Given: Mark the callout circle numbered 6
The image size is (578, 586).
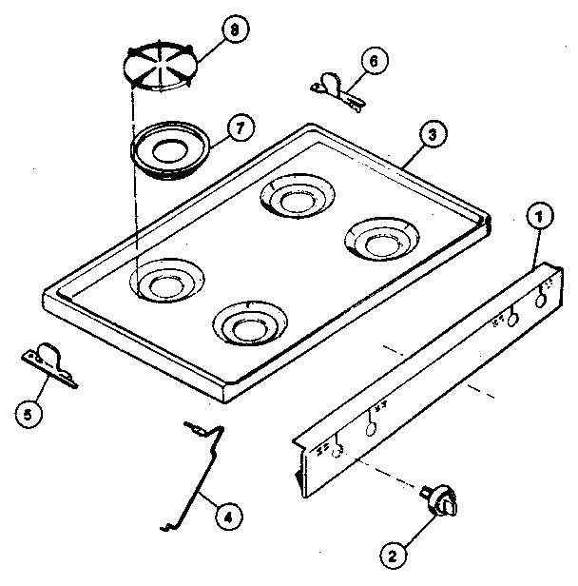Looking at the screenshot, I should pos(373,60).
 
